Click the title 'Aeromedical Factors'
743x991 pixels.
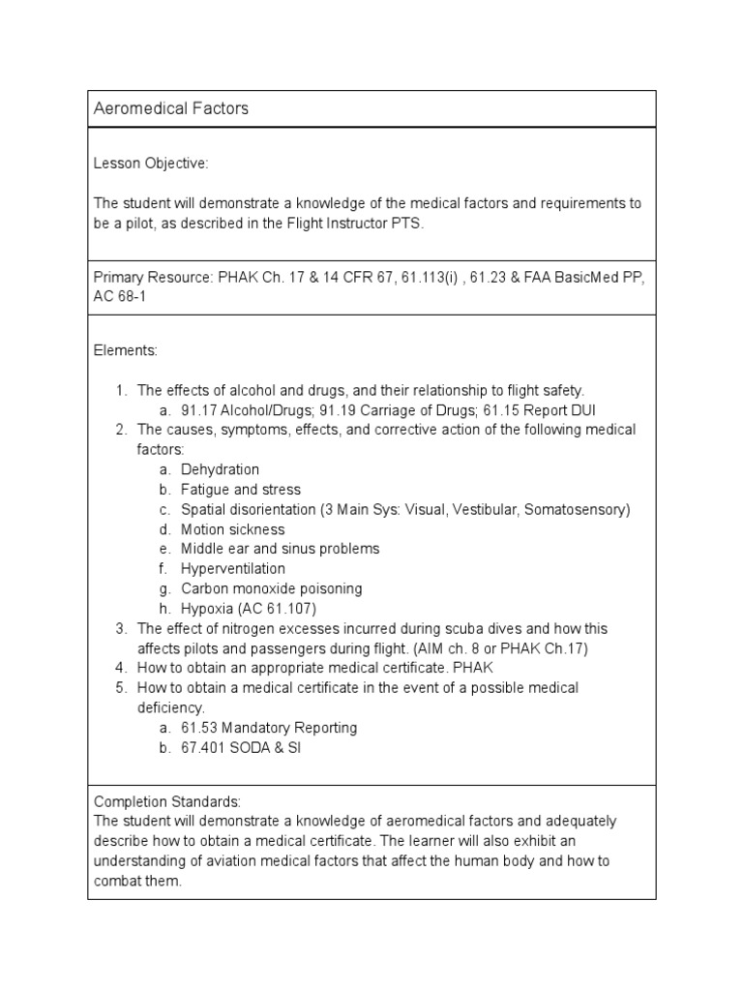(170, 108)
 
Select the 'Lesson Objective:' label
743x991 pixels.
(150, 164)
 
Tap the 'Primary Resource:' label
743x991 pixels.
(153, 278)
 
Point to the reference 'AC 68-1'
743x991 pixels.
(121, 297)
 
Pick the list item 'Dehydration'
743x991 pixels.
(220, 469)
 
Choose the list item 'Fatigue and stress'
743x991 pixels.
(240, 490)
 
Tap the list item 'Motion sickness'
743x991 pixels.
(232, 529)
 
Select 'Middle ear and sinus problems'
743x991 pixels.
(280, 549)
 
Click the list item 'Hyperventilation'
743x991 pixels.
(232, 569)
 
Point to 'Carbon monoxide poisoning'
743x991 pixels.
(271, 588)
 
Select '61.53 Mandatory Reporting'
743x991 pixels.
(268, 727)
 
